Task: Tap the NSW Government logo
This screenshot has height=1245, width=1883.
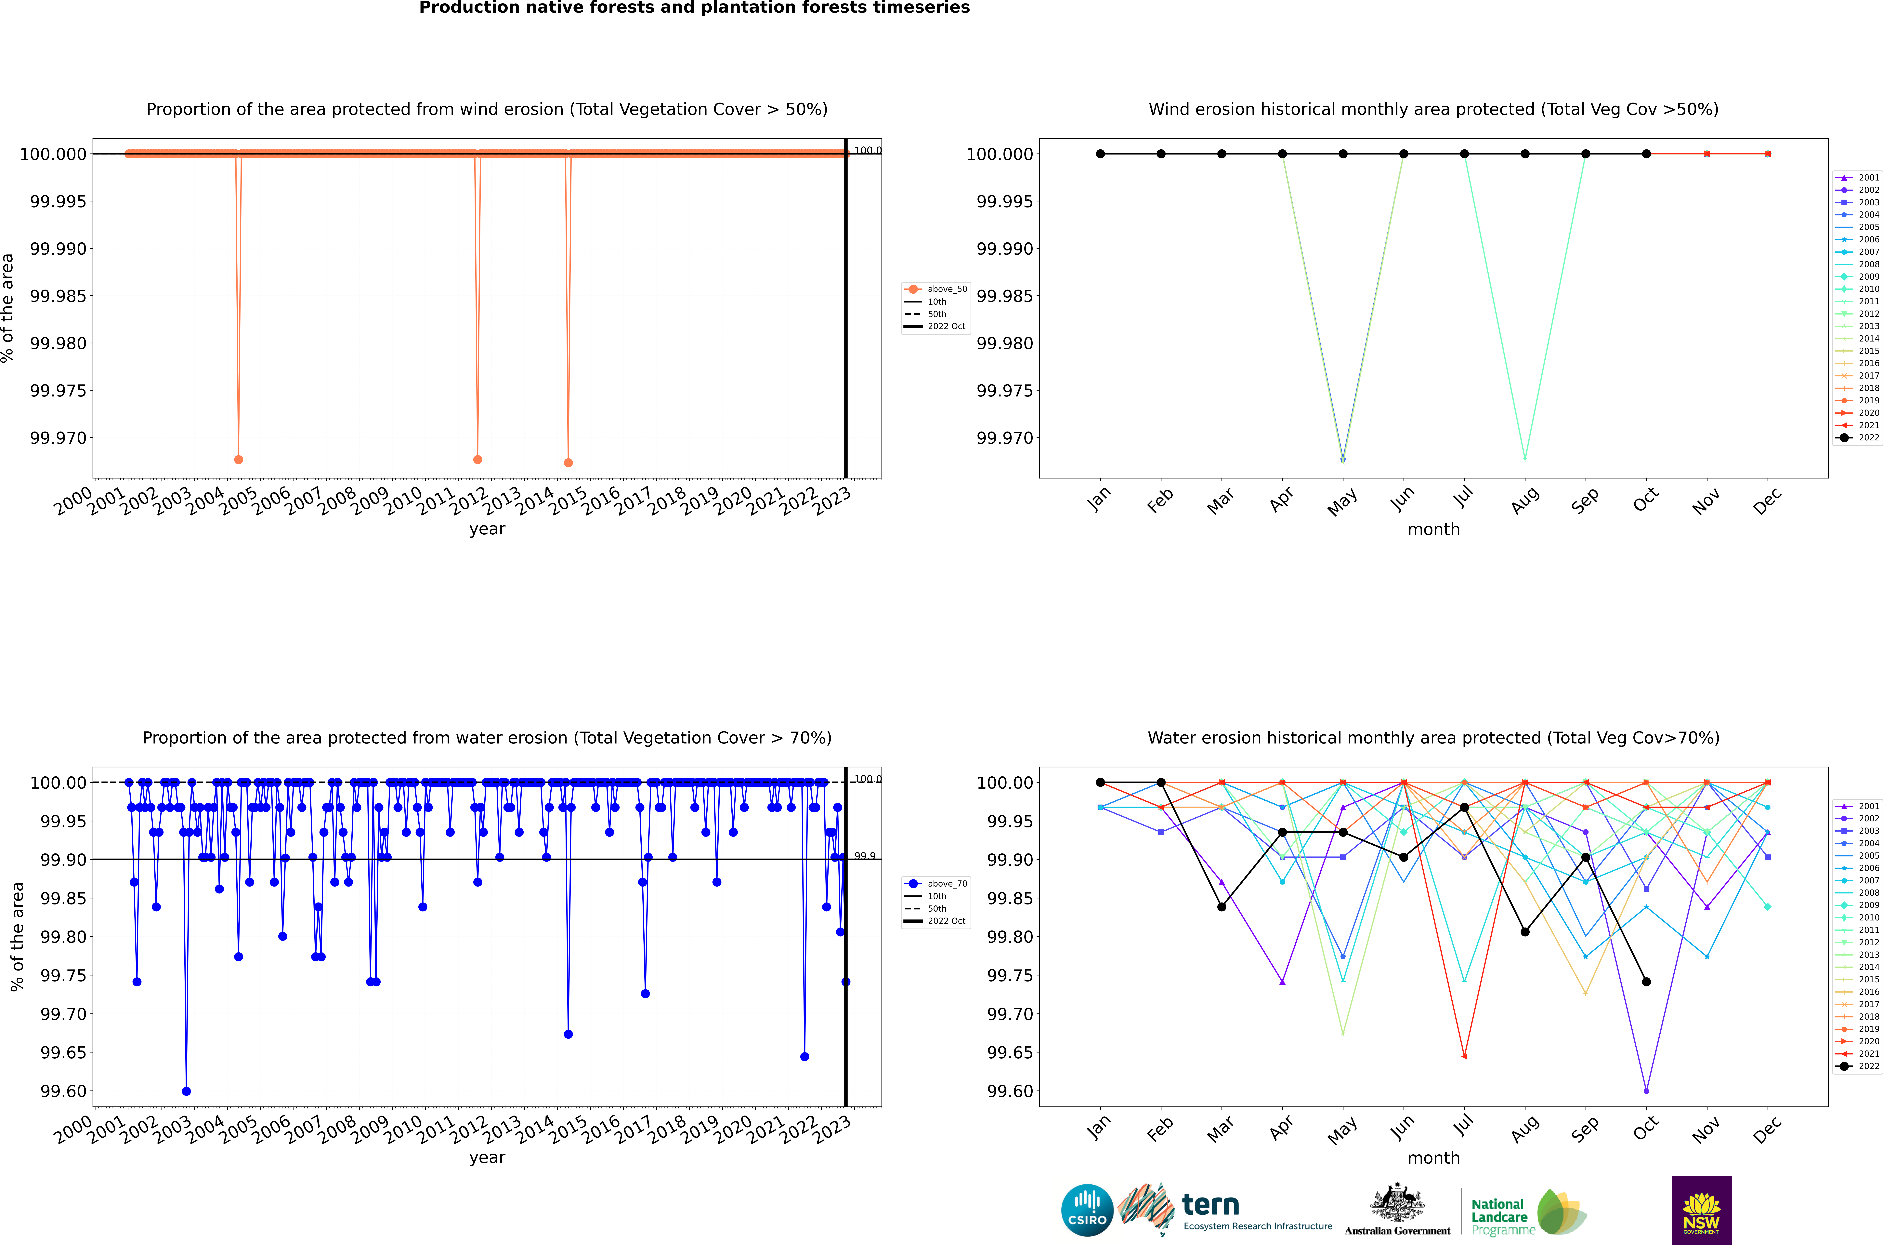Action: point(1701,1210)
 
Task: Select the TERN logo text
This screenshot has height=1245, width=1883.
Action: point(1210,1205)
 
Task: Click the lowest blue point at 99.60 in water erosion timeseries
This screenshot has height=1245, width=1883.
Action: point(187,1091)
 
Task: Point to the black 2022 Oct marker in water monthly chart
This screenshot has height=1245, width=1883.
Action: point(1647,982)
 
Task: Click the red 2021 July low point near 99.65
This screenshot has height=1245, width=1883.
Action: point(1464,1056)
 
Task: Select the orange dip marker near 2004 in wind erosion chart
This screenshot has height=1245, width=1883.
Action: point(239,460)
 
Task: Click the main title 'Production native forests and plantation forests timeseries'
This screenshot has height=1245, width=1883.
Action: point(694,8)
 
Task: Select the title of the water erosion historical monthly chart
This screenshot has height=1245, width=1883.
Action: point(1433,738)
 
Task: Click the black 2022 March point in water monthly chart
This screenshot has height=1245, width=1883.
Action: point(1222,907)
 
